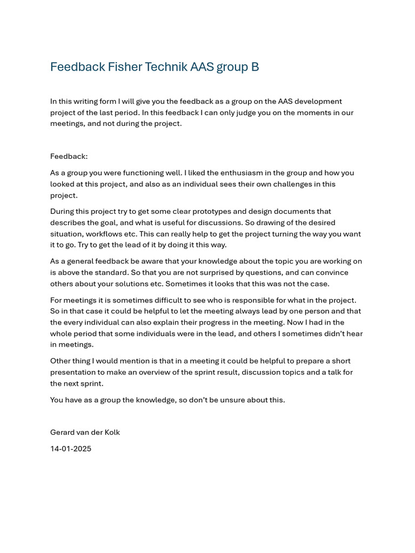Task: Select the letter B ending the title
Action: pos(255,67)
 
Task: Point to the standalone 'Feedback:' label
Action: pos(69,156)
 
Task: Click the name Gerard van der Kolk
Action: pos(85,433)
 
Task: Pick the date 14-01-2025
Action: pos(71,448)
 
